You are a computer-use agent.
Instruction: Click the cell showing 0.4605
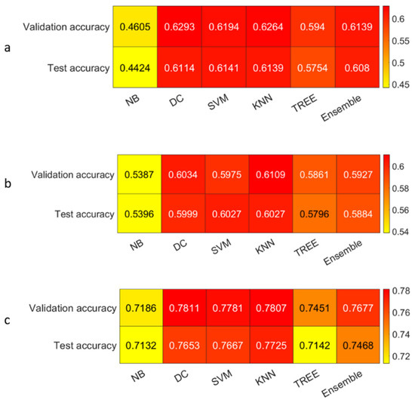click(136, 26)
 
